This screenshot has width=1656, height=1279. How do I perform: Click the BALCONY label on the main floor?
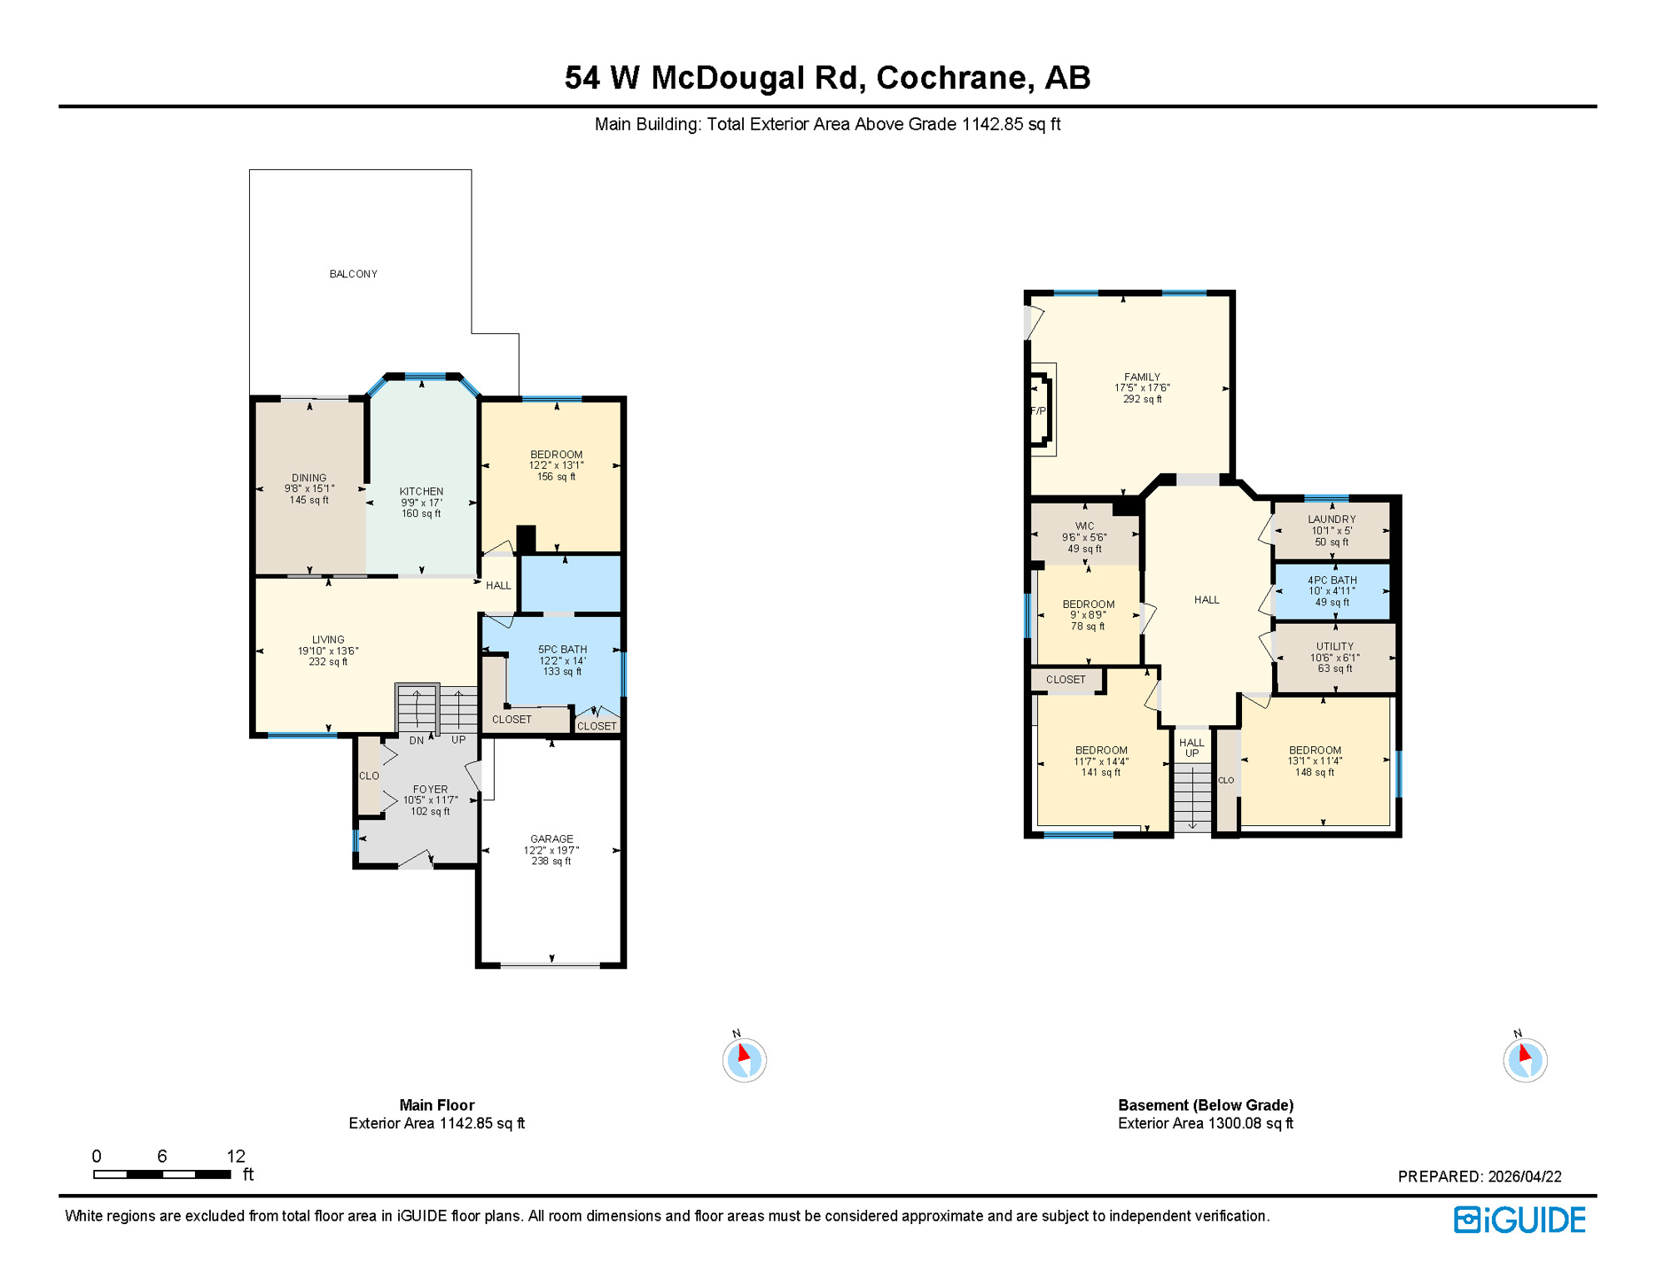click(x=353, y=274)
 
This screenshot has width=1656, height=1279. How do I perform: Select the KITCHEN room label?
click(x=421, y=491)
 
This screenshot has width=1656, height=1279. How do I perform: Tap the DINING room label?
click(x=309, y=478)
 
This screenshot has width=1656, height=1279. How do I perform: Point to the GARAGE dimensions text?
click(x=551, y=850)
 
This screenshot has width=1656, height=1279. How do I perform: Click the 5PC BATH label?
click(x=562, y=649)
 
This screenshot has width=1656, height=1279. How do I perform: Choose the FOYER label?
click(x=431, y=789)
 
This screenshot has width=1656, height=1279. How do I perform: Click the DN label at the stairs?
click(x=416, y=740)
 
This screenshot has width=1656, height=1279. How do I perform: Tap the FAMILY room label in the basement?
click(x=1142, y=377)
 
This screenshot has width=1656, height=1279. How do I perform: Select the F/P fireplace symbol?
click(x=1039, y=411)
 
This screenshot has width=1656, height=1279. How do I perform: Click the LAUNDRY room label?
click(x=1332, y=519)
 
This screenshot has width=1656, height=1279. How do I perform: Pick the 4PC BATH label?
click(x=1332, y=580)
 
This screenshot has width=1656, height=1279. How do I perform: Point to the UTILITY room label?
click(x=1335, y=646)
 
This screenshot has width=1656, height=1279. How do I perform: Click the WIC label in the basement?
click(x=1085, y=526)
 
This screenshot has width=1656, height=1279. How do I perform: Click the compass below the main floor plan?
click(x=744, y=1060)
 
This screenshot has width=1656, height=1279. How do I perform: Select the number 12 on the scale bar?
click(x=236, y=1156)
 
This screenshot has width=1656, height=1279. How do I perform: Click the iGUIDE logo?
click(x=1519, y=1220)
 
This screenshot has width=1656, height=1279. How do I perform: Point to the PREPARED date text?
click(x=1479, y=1177)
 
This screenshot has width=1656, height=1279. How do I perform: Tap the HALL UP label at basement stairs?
click(x=1192, y=748)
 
